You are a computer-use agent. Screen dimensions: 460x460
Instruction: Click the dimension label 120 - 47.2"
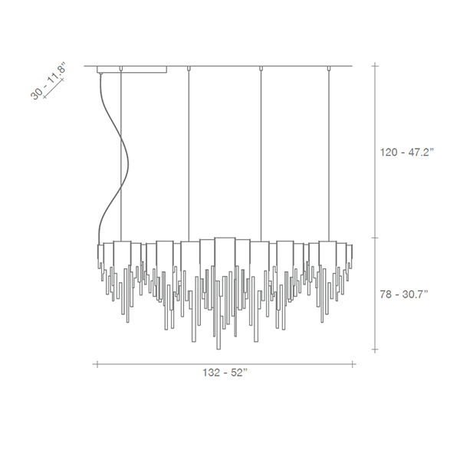click(406, 153)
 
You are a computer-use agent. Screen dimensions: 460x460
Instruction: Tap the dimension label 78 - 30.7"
click(404, 294)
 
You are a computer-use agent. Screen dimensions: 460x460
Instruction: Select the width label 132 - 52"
click(225, 373)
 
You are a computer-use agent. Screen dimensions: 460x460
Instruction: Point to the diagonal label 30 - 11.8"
click(48, 80)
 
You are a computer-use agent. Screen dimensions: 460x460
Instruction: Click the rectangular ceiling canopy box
click(132, 70)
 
